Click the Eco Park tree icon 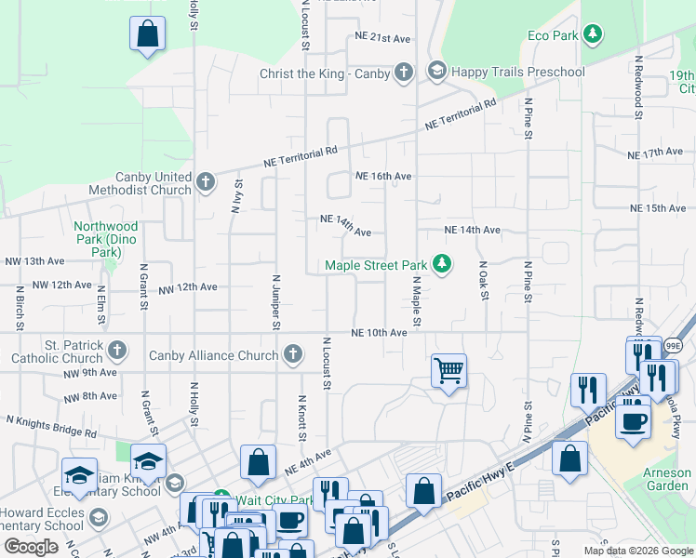click(592, 35)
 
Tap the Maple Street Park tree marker click(443, 266)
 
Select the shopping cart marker click(448, 370)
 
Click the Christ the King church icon click(403, 72)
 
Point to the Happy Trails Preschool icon click(436, 71)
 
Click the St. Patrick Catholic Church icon click(116, 351)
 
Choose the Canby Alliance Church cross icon click(293, 353)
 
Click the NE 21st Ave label click(382, 38)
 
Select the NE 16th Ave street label click(382, 176)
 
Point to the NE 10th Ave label click(379, 333)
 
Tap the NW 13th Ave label click(34, 261)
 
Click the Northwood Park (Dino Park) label click(106, 239)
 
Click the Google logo click(31, 547)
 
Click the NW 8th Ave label click(90, 396)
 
